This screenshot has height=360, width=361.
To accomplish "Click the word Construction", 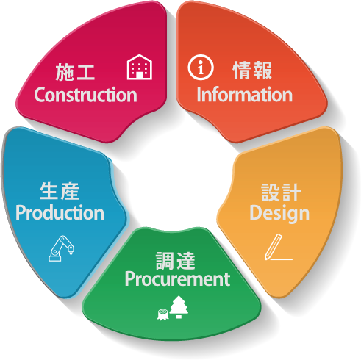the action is click(x=85, y=95).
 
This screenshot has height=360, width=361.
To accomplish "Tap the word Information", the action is click(x=245, y=94).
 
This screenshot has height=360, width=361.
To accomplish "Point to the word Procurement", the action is click(x=177, y=279).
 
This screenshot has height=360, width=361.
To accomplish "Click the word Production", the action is click(x=60, y=212).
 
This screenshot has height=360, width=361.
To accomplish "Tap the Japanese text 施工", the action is click(x=75, y=72).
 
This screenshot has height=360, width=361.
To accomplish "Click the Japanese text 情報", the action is click(x=252, y=71).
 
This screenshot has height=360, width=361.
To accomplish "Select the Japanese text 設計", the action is click(x=281, y=192).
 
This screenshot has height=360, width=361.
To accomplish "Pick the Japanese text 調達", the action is click(x=176, y=261).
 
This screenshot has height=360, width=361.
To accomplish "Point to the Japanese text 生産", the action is click(x=60, y=191).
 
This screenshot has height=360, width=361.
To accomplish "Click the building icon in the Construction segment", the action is click(x=140, y=67).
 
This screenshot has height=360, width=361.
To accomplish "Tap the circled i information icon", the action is click(x=201, y=67).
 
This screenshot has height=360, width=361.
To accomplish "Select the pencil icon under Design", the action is click(x=274, y=246).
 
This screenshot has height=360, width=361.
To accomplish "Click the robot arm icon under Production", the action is click(x=61, y=248).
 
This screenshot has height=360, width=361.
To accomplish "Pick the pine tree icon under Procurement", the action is click(x=179, y=307).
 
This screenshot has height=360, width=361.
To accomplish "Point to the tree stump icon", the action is click(x=162, y=314).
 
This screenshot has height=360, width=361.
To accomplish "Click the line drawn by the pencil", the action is click(x=282, y=259).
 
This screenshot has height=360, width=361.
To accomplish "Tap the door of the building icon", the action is click(x=140, y=75).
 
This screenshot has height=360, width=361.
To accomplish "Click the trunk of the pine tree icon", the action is click(x=179, y=317).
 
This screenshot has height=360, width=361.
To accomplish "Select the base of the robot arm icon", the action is click(x=54, y=258).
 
